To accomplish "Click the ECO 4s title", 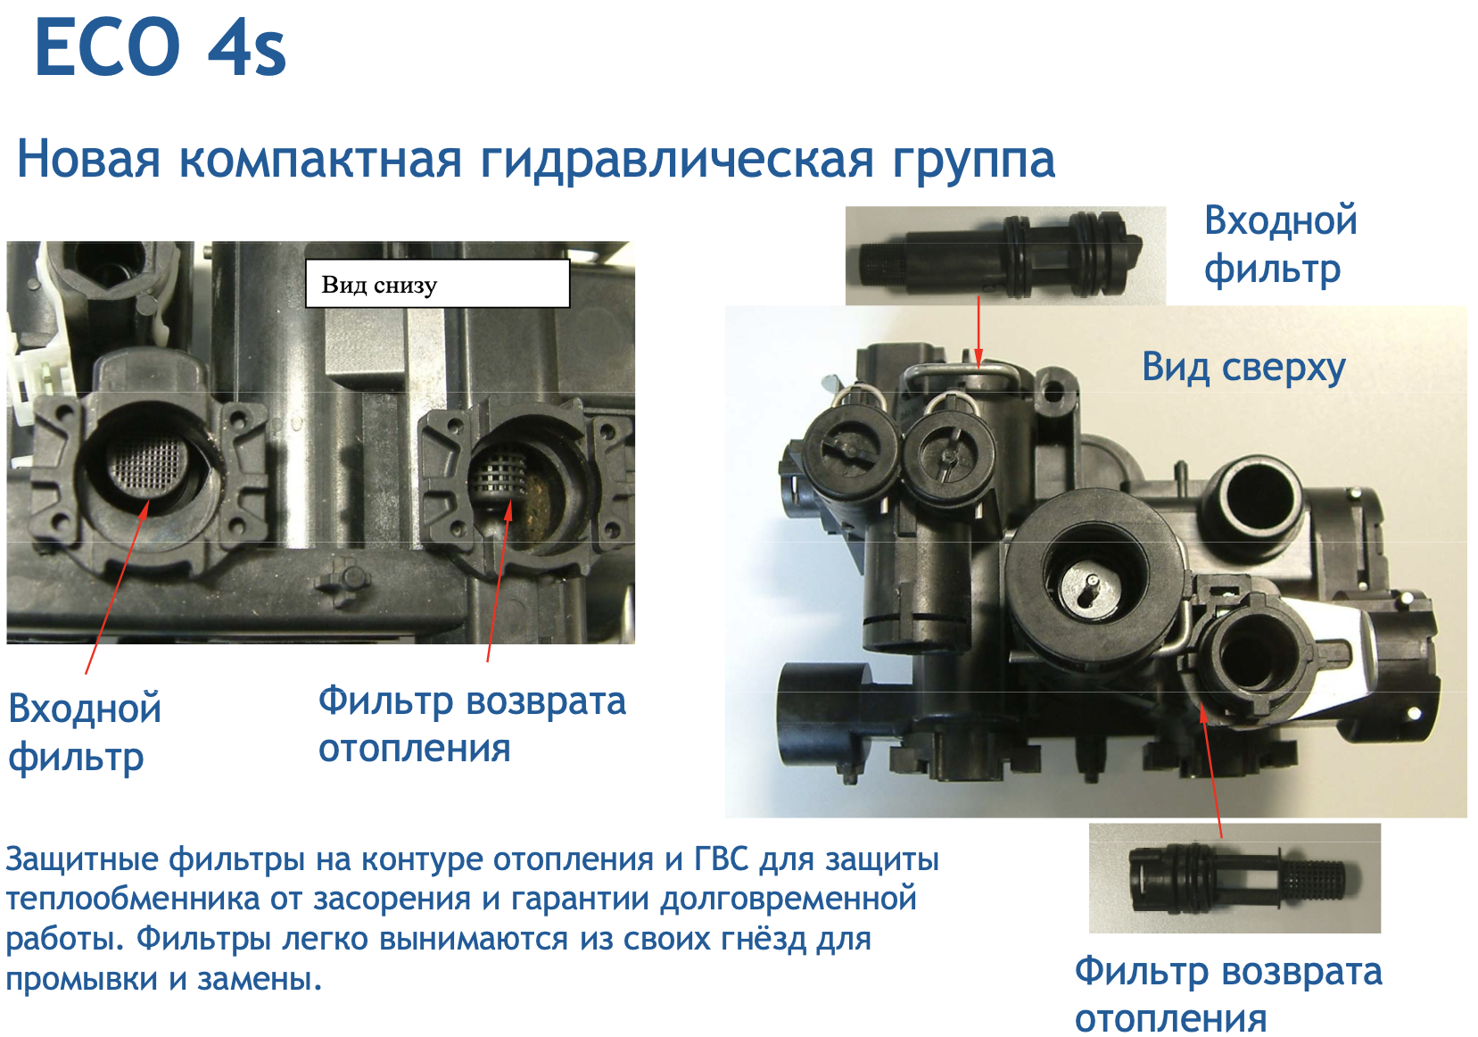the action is tap(161, 47).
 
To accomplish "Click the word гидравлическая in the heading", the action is tap(676, 160).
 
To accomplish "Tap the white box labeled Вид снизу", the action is tap(437, 283).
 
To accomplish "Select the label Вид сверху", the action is tap(1243, 367).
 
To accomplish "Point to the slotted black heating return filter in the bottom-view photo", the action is tap(498, 476).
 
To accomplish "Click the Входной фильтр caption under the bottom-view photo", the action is tap(85, 733).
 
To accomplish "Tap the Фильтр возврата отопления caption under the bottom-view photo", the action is tap(473, 724).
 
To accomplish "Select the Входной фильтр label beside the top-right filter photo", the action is tap(1281, 245).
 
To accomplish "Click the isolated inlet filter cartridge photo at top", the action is tap(1005, 255).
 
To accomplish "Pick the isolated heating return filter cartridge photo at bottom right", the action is tap(1234, 877).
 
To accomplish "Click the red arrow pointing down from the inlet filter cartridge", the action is tap(978, 331).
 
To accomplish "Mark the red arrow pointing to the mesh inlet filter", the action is tap(118, 586).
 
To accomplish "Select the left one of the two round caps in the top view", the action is tap(850, 450).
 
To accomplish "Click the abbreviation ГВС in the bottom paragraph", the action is tap(722, 860).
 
